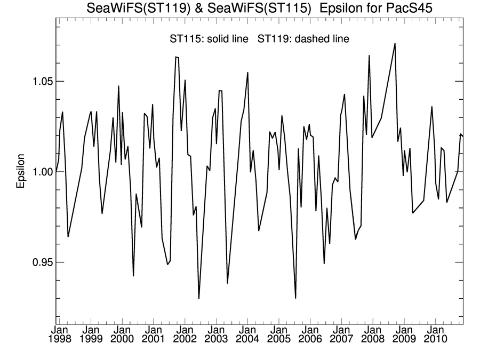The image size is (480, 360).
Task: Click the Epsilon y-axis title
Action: coord(21,172)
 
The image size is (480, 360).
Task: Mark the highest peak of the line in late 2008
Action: coord(395,44)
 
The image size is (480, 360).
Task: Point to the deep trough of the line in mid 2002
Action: coord(199,298)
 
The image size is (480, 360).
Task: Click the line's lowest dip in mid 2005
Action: coord(295,298)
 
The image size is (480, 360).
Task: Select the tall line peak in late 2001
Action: coord(176,57)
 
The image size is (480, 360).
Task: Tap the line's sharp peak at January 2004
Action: coord(247,73)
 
